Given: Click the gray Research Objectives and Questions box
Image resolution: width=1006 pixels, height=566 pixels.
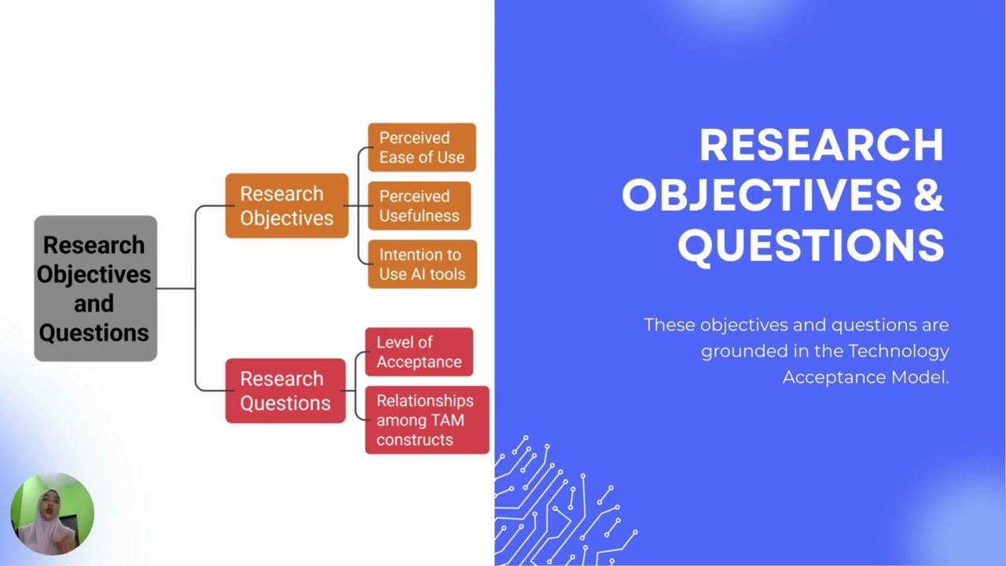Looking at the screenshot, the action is tap(96, 289).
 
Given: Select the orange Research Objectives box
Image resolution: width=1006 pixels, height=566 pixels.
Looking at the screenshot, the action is tap(287, 206).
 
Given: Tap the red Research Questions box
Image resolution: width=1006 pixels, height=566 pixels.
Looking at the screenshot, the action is tap(285, 391).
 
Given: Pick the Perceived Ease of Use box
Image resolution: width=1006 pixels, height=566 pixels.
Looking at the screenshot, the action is tap(422, 147).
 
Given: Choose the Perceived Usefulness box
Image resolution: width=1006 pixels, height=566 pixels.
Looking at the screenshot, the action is tap(420, 206).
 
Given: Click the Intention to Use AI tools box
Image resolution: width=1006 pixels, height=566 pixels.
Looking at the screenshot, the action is tap(422, 264).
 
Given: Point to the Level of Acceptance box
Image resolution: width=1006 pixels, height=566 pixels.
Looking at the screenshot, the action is tap(419, 351).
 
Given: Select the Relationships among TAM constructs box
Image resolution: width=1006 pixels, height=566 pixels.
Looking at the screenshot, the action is tap(427, 420).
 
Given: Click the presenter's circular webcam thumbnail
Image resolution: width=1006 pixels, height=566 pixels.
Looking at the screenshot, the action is tap(52, 513).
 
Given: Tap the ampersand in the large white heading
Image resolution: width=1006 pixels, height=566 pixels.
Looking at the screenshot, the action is tap(928, 195).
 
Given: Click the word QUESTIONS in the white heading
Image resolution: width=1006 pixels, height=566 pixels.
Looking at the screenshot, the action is tap(811, 245).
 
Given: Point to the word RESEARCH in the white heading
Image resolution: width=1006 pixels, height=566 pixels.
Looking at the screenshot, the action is tap(821, 145).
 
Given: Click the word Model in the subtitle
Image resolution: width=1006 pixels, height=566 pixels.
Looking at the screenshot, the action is tap(920, 377).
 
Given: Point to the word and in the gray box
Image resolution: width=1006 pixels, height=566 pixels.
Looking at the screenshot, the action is tap(94, 303).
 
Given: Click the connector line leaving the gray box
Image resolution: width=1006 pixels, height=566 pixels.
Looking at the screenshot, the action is tap(176, 289).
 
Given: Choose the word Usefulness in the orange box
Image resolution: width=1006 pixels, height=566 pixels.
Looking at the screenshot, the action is tap(419, 216).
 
